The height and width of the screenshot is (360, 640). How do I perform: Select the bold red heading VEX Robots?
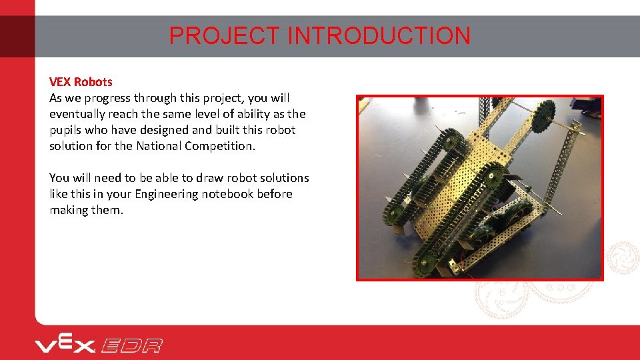(x=81, y=82)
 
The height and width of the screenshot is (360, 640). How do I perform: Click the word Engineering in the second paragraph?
(x=167, y=194)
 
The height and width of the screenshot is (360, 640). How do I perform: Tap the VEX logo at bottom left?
(x=65, y=345)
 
